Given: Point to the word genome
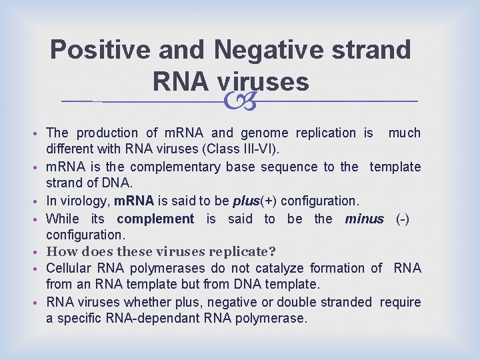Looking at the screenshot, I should point(254,133).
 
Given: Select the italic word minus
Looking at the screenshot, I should point(364,219).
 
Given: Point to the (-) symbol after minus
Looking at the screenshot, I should point(403,219).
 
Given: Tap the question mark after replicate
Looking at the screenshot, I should point(273,252).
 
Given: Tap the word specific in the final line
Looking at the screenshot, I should point(79,319).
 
